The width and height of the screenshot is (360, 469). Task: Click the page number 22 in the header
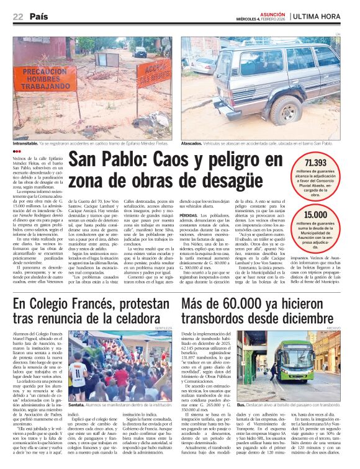pyautogui.click(x=17, y=17)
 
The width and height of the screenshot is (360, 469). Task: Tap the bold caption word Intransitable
pyautogui.click(x=29, y=144)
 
